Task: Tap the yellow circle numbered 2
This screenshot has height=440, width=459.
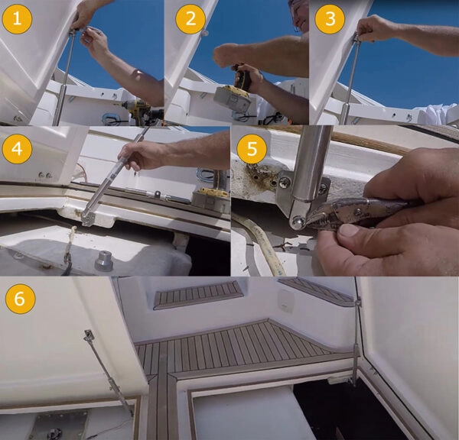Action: coord(186,19)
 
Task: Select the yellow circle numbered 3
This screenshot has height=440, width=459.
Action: coord(330,19)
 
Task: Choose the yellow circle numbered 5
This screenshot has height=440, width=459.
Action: coord(249,147)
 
